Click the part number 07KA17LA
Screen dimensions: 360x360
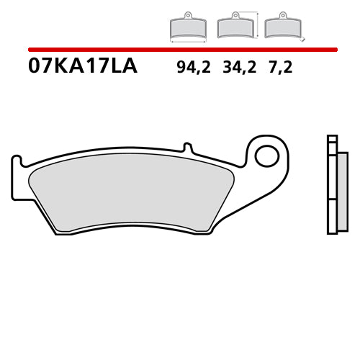(82, 68)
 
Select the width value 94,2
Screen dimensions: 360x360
(192, 68)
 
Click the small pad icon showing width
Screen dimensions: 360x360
(187, 28)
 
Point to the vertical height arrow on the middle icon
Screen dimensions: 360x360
(257, 23)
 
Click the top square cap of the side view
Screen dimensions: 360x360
(332, 139)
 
